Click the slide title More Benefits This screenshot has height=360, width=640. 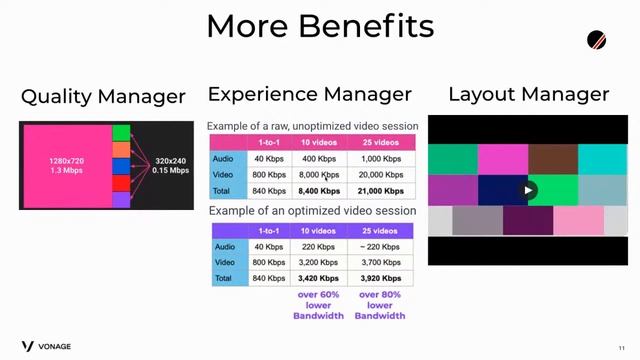320,26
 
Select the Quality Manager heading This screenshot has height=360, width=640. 103,97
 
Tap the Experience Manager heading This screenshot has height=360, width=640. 309,95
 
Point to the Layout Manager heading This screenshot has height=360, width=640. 528,95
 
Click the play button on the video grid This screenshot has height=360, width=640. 528,190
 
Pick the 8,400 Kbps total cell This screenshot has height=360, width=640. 319,190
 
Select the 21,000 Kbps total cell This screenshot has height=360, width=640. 381,190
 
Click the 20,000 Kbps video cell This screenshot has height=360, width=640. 381,174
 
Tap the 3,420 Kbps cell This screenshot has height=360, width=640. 319,278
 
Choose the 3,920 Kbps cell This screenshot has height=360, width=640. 381,278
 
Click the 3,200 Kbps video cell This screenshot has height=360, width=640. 319,262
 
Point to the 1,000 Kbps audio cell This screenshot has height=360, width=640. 381,159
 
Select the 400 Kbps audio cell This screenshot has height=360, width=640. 319,159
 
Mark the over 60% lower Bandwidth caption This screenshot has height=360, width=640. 319,305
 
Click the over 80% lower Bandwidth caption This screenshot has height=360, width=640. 381,305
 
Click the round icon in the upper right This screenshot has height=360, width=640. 597,41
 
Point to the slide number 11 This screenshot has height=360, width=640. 621,346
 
